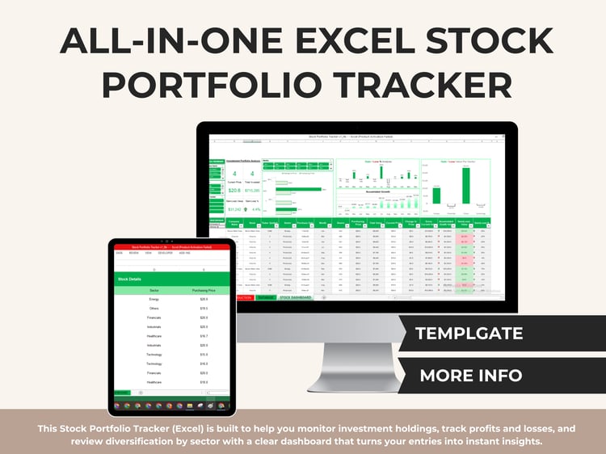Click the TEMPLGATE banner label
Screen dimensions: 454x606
tap(469, 333)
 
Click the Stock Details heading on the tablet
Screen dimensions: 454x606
tap(130, 279)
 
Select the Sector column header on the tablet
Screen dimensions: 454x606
tap(154, 290)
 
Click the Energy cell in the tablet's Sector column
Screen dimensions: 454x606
tap(154, 299)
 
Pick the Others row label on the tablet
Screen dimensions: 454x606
tap(154, 308)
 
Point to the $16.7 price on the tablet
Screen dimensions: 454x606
tap(204, 336)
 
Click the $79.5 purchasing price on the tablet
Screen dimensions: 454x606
tap(204, 308)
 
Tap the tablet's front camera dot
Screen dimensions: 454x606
tap(170, 241)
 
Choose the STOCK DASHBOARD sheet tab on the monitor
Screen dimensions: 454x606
tap(296, 298)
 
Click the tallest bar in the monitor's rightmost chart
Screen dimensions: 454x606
tap(437, 194)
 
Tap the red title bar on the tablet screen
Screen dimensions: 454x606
tap(171, 247)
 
